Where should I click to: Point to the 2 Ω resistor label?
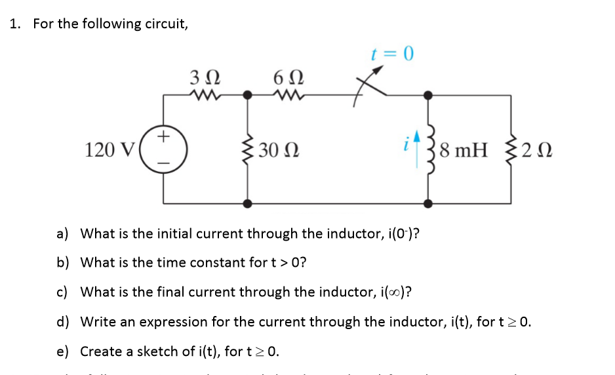point(538,150)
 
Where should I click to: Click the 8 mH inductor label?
point(464,150)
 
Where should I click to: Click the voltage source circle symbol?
point(165,149)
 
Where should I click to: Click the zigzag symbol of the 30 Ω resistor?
point(248,149)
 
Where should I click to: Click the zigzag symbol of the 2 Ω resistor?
point(511,149)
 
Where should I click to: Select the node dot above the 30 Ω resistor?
point(248,95)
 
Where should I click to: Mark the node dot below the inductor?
point(429,203)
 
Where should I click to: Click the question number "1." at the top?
point(16,24)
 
